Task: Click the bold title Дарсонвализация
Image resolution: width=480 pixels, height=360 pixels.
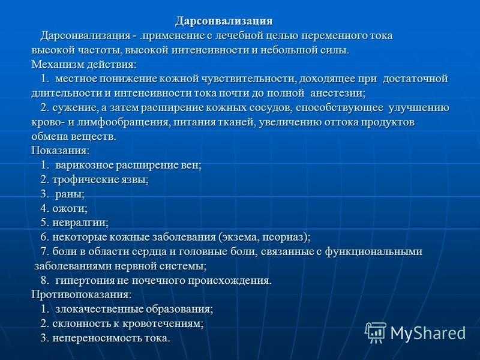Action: (224, 21)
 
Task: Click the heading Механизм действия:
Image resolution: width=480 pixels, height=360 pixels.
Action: (84, 65)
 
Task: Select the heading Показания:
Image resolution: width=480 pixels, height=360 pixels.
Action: (61, 151)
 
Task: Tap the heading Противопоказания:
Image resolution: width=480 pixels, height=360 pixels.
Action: (82, 295)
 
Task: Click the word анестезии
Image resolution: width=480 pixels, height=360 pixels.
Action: (337, 93)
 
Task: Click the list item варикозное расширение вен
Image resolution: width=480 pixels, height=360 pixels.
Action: (128, 166)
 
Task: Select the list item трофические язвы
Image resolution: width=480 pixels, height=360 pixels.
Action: (100, 179)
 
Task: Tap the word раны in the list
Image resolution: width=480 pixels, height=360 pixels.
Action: (69, 194)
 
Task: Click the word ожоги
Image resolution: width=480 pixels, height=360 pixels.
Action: (69, 208)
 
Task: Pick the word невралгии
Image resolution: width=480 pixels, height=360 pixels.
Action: (80, 223)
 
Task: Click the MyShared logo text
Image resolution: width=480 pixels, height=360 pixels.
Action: (428, 332)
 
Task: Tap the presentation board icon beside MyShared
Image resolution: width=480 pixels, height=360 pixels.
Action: (376, 333)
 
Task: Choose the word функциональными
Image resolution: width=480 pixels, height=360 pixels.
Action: (373, 251)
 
